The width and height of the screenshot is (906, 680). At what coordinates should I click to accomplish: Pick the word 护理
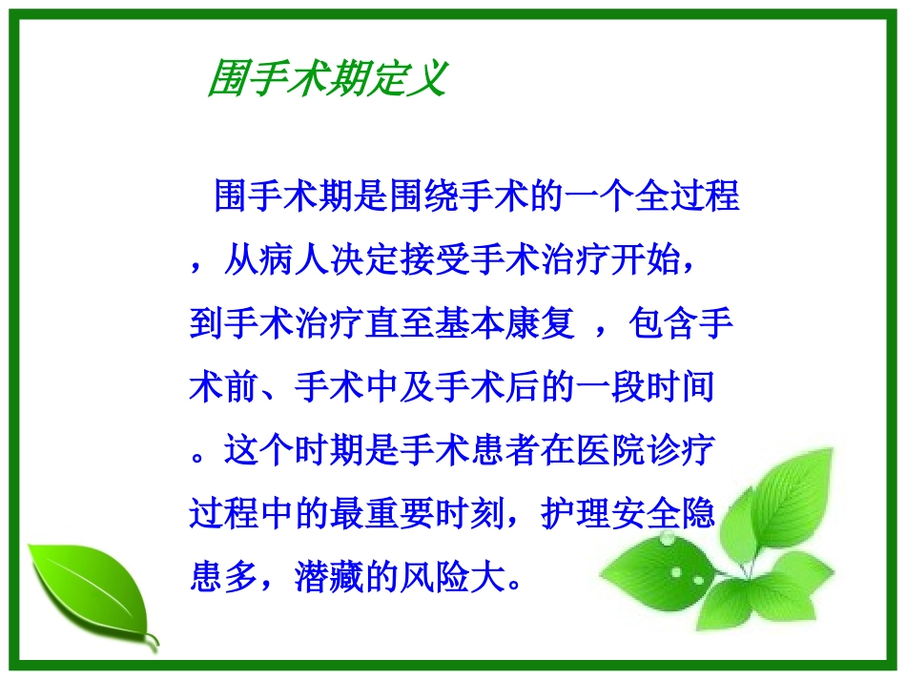tap(580, 514)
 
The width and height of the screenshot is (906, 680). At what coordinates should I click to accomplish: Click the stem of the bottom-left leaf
tap(152, 641)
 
